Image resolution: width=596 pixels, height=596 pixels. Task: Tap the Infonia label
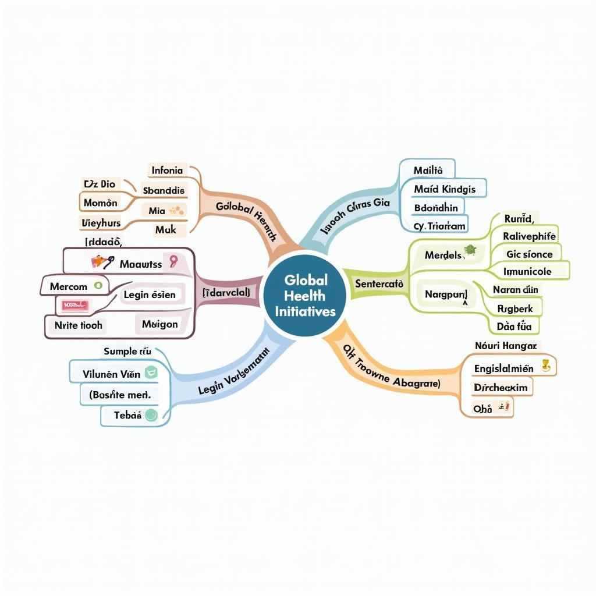tap(167, 171)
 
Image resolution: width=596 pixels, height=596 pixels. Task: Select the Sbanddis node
tap(164, 190)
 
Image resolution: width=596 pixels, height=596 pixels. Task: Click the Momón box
tap(101, 203)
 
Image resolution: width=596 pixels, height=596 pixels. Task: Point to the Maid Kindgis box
tap(445, 189)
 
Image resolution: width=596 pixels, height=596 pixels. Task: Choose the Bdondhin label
tap(436, 207)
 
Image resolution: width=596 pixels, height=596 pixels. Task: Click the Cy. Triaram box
tap(439, 226)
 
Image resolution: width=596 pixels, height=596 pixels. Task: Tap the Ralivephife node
tap(529, 236)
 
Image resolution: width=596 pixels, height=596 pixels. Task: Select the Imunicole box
tap(528, 271)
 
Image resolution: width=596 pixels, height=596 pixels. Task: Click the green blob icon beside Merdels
tap(470, 251)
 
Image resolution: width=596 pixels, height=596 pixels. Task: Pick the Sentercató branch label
tap(379, 284)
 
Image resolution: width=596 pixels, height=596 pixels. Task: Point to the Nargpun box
tap(446, 295)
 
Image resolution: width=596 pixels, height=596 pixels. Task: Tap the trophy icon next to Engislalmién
tap(545, 366)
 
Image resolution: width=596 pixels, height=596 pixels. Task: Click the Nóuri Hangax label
tap(504, 346)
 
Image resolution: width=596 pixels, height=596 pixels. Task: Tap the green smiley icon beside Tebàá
tap(151, 414)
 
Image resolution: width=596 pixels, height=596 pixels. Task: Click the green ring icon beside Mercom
tap(98, 285)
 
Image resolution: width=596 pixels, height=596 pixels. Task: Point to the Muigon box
tap(159, 324)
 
